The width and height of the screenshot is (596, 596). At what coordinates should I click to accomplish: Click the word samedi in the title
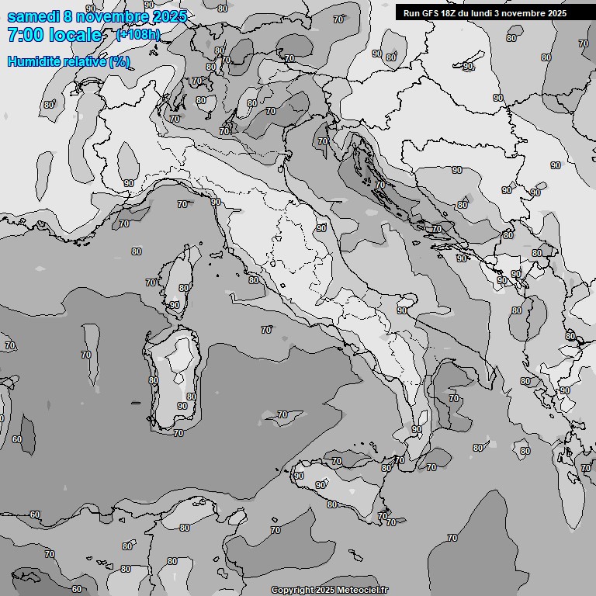pyautogui.click(x=33, y=17)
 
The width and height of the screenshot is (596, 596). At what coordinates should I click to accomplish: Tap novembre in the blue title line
pyautogui.click(x=113, y=17)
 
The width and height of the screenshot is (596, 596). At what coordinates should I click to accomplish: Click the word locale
pyautogui.click(x=75, y=36)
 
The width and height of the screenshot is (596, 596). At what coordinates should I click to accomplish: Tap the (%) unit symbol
pyautogui.click(x=119, y=61)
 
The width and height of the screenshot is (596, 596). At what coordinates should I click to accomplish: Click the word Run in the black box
pyautogui.click(x=411, y=13)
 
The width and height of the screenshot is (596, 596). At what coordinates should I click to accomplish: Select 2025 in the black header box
pyautogui.click(x=556, y=13)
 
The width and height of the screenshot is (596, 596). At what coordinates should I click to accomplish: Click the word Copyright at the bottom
pyautogui.click(x=292, y=590)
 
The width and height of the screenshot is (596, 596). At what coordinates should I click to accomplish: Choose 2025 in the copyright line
pyautogui.click(x=325, y=590)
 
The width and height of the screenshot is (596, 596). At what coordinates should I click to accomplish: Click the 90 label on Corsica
pyautogui.click(x=175, y=305)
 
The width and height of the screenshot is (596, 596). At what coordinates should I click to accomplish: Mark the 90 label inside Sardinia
pyautogui.click(x=182, y=405)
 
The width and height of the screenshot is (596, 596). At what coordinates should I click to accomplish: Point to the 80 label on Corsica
pyautogui.click(x=184, y=288)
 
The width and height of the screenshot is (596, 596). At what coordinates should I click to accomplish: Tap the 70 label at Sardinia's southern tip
pyautogui.click(x=178, y=433)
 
